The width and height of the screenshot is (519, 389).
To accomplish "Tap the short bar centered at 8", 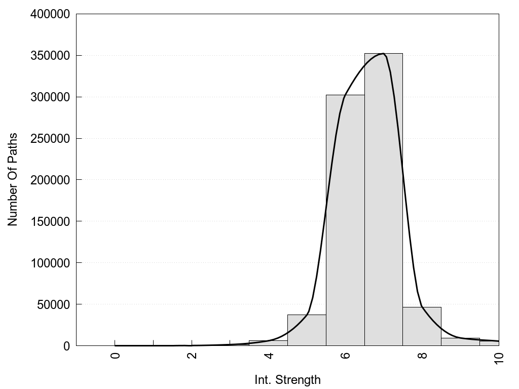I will pos(422,327).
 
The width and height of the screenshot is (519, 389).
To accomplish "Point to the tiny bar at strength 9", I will pos(460,342).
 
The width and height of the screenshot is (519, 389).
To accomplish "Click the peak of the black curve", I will pos(383,53).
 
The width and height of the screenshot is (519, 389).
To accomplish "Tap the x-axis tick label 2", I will pos(192,355).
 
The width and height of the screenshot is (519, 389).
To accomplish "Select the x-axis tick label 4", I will pos(269,355).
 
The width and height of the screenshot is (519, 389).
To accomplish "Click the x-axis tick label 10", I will pos(499,358).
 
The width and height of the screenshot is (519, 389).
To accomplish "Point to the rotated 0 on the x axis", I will pos(115,355).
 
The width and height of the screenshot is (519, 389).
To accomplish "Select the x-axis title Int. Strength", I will pos(287,380).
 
